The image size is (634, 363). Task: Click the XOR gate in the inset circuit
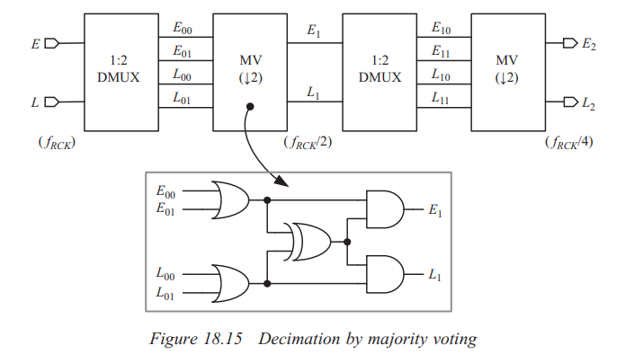307,241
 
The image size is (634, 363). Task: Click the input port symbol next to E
50,42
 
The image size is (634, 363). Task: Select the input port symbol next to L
50,102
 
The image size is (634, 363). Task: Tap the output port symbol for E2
568,42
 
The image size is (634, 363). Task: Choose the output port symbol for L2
568,102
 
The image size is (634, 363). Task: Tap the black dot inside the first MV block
249,107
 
